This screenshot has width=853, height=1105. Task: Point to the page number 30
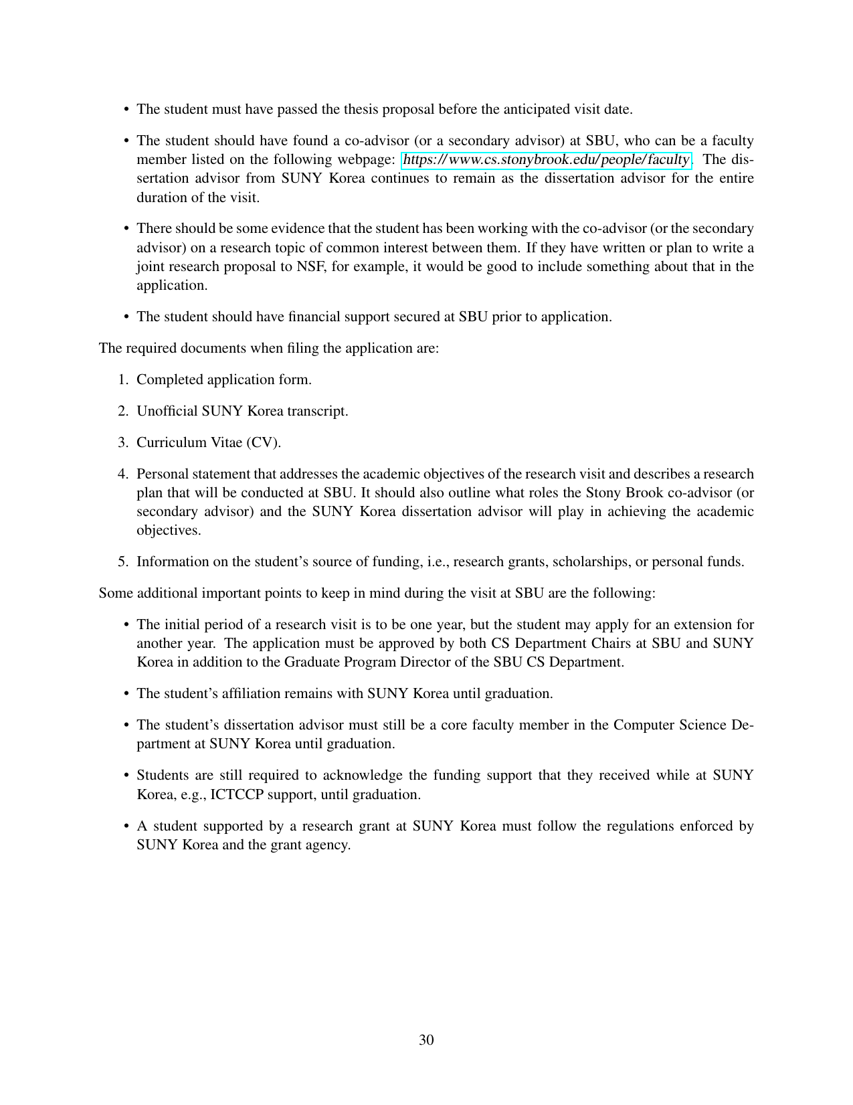426,1039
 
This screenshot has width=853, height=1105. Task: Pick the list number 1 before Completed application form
123,379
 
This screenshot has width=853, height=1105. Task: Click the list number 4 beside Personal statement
123,474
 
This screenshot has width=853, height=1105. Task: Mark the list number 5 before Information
123,562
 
